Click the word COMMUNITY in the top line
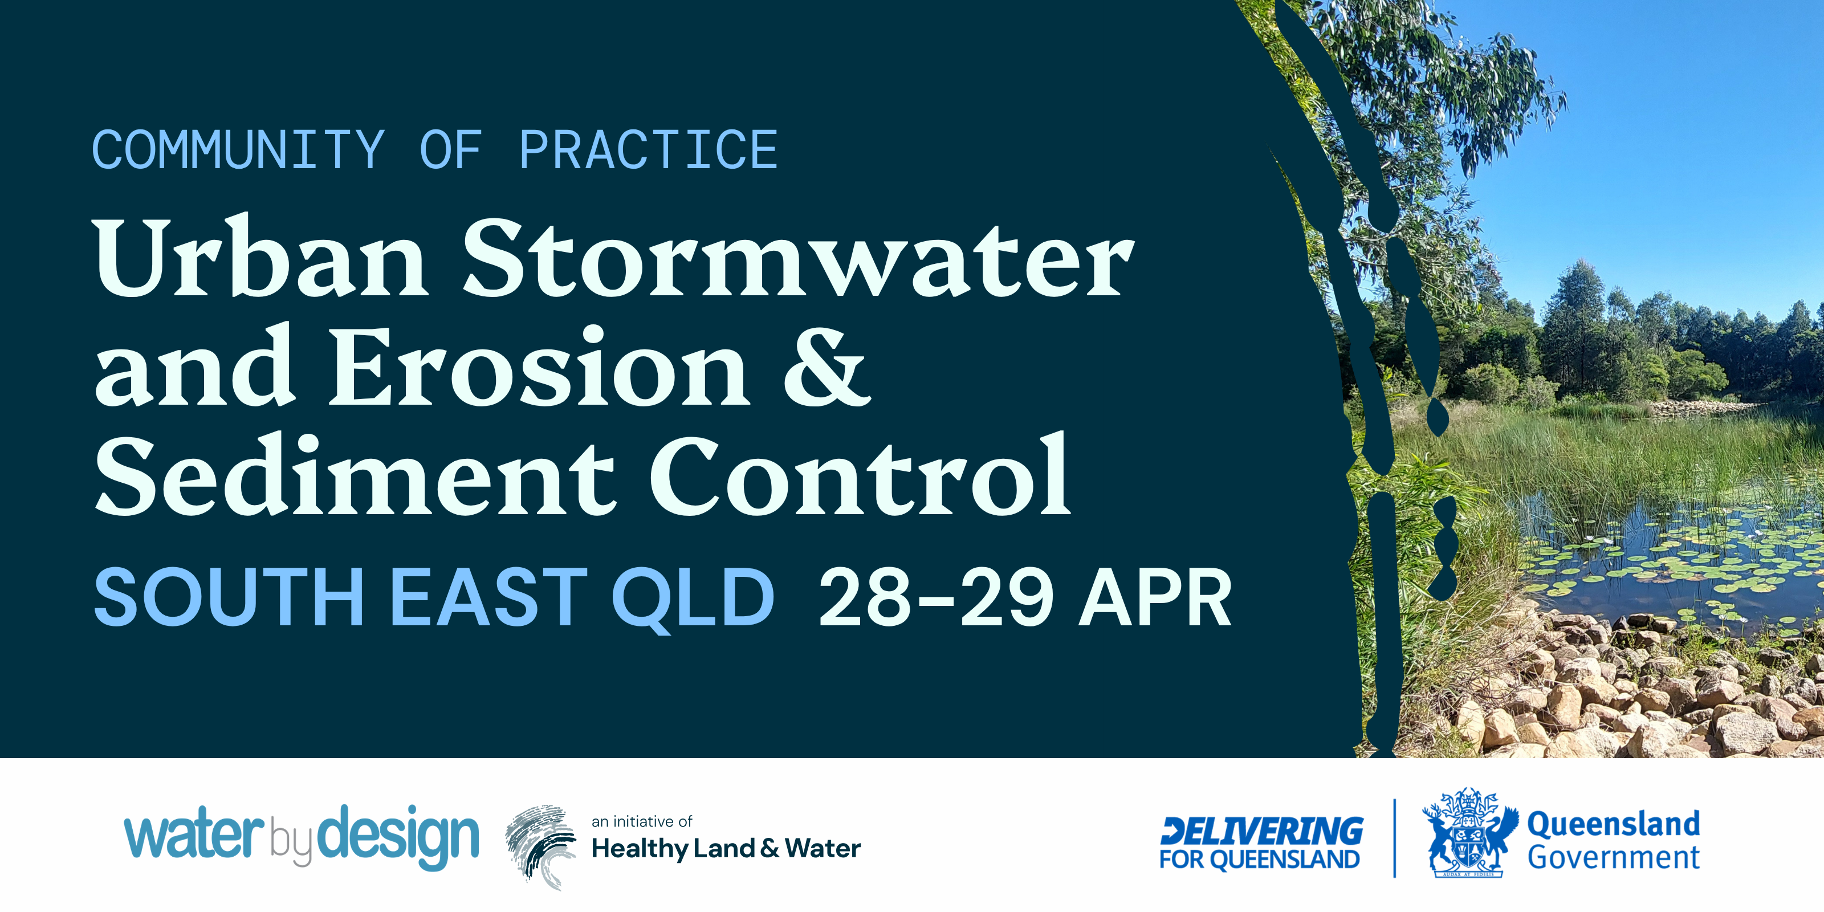239,150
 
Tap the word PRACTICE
649,150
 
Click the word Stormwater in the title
799,258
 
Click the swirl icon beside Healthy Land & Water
540,846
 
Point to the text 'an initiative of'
641,821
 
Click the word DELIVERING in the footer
1260,830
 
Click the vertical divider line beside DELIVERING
1394,838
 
